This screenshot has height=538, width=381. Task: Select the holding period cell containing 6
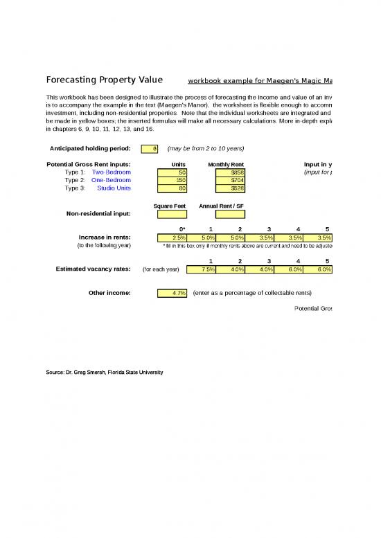coord(150,149)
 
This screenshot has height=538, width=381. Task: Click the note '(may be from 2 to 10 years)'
coord(205,149)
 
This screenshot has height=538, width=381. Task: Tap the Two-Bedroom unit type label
coord(111,172)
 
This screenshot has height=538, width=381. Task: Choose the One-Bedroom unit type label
coord(111,179)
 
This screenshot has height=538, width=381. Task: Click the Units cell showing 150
coord(172,179)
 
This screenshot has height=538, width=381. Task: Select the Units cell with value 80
coord(172,187)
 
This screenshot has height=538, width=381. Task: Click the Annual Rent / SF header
coord(222,206)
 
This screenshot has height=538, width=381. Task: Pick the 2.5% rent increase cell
coord(172,237)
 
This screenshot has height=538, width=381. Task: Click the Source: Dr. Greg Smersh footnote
coord(104,373)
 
